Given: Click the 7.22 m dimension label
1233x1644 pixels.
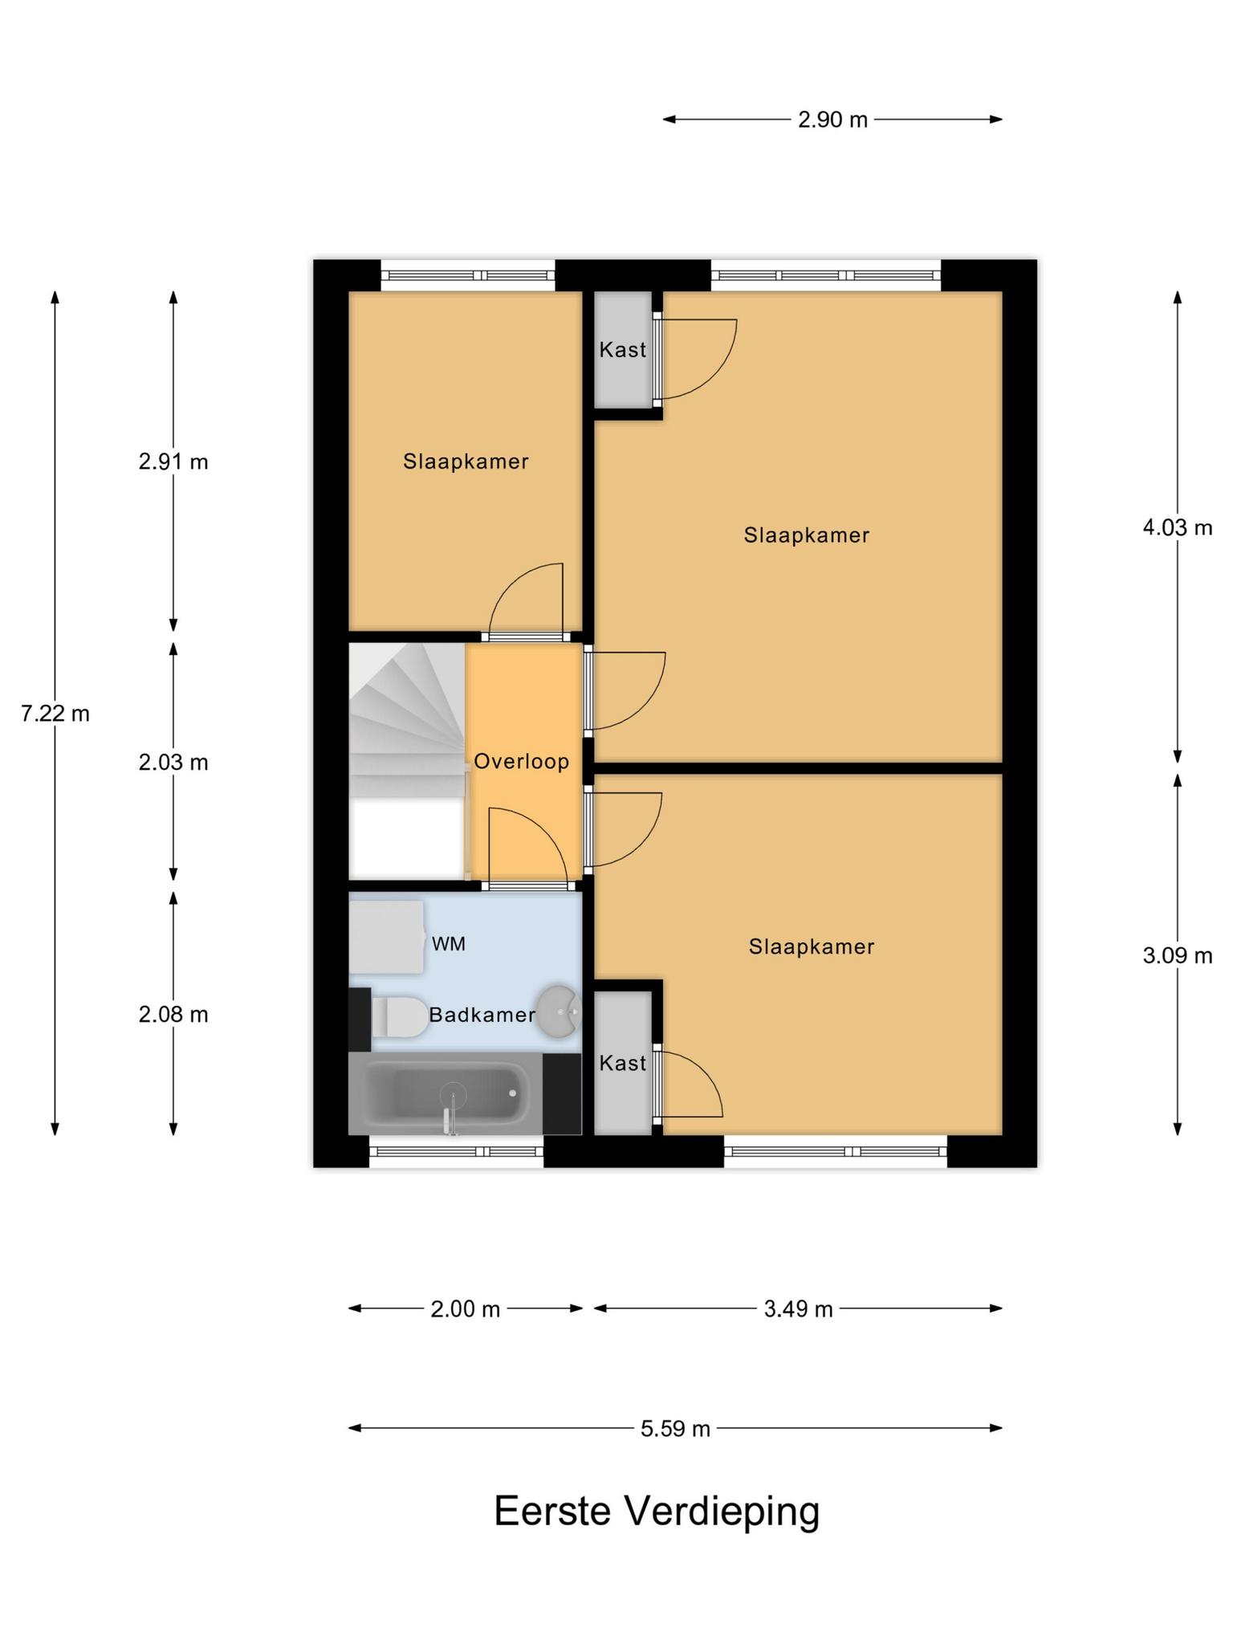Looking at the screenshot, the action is pyautogui.click(x=55, y=713).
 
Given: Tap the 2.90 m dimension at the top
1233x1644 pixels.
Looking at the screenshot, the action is pyautogui.click(x=832, y=120).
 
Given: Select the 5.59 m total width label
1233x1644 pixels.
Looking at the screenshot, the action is pyautogui.click(x=675, y=1428).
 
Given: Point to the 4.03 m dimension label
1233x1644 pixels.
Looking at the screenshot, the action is pyautogui.click(x=1178, y=527).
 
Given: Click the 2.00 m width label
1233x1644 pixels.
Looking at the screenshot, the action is pyautogui.click(x=466, y=1309).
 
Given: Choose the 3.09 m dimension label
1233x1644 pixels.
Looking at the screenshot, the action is pyautogui.click(x=1178, y=955).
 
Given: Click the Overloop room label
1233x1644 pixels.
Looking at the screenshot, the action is pyautogui.click(x=522, y=761).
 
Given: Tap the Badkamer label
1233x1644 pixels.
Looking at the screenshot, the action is pyautogui.click(x=482, y=1015).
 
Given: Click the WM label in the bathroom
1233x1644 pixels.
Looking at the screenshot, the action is pyautogui.click(x=449, y=944).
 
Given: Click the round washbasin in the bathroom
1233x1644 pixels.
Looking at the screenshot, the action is pyautogui.click(x=558, y=1011).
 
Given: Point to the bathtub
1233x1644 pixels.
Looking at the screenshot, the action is pyautogui.click(x=446, y=1093).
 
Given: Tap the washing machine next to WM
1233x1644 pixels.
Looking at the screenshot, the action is pyautogui.click(x=386, y=937).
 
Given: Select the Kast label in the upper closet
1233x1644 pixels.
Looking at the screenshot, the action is pyautogui.click(x=623, y=349).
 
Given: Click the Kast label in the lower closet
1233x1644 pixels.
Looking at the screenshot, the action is pyautogui.click(x=623, y=1063).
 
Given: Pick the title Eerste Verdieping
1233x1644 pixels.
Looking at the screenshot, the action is pyautogui.click(x=657, y=1512).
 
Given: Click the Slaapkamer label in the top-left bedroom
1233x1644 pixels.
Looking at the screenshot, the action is pyautogui.click(x=466, y=462).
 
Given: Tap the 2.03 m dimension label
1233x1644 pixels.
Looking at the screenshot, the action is pyautogui.click(x=173, y=762).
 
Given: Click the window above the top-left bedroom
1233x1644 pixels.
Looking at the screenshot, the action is pyautogui.click(x=467, y=275).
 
